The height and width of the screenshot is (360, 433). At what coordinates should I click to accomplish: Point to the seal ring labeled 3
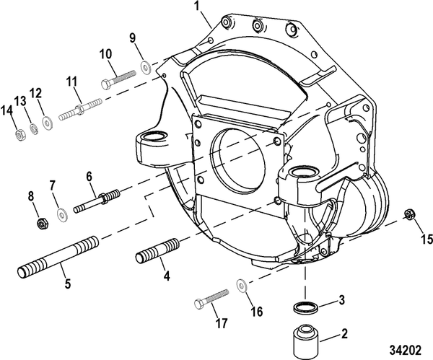point(306,308)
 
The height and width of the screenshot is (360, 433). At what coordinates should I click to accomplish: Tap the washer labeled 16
point(241,284)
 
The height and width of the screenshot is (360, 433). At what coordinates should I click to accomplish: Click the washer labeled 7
point(62,211)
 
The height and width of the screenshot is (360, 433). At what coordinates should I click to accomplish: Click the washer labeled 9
point(146,66)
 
